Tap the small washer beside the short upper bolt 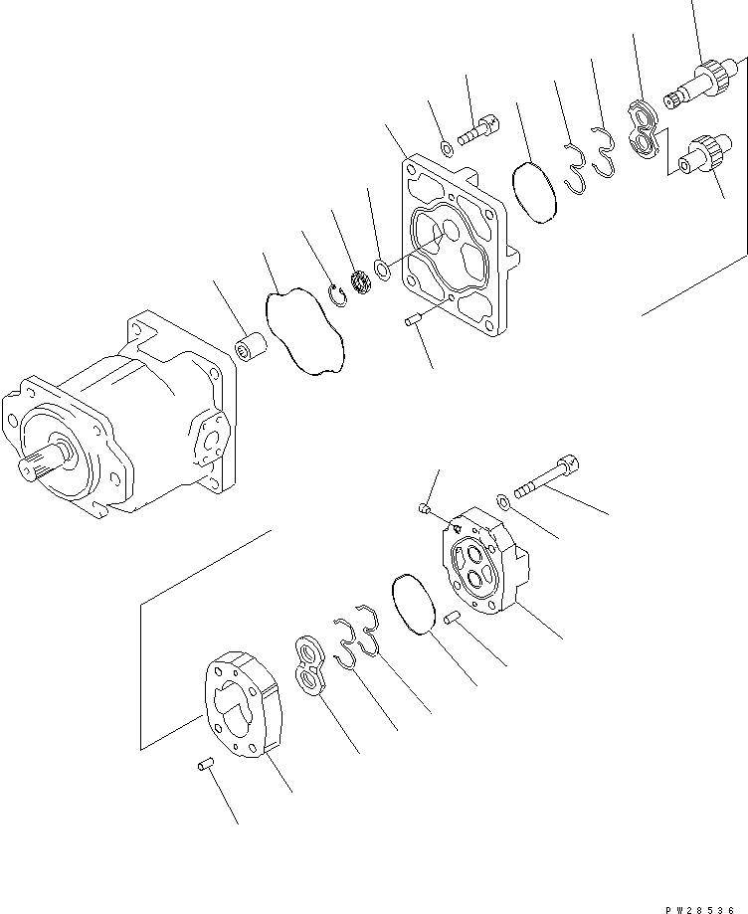pos(447,150)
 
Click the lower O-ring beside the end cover pos(412,603)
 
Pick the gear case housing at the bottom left pos(244,703)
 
